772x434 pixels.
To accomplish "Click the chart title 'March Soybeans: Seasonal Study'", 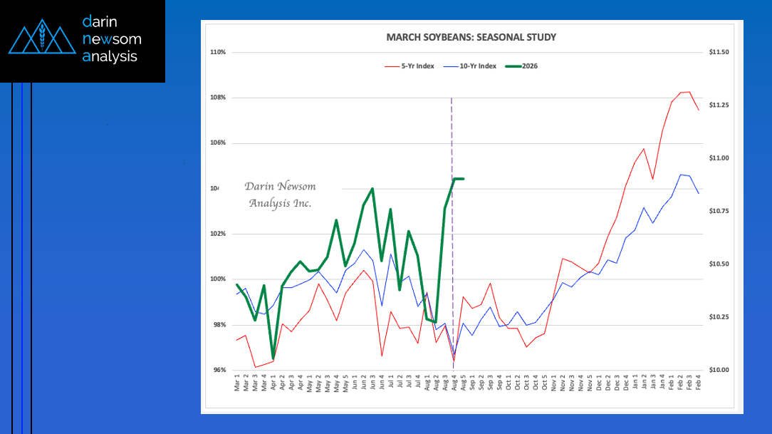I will [x=471, y=37].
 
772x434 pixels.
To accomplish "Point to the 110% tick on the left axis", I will [x=218, y=52].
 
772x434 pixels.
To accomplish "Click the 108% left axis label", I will [x=218, y=98].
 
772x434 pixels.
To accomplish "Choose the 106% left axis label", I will [x=218, y=143].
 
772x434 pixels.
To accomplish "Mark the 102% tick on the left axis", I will [x=218, y=234].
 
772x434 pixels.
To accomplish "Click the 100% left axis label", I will [x=218, y=279].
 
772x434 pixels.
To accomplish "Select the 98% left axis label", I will [x=218, y=325].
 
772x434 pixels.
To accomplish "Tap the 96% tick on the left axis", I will [x=218, y=371].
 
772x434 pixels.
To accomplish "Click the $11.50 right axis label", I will [x=719, y=52].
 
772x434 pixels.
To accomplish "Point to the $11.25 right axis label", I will [x=719, y=105].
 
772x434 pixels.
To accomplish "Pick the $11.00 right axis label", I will [x=719, y=158].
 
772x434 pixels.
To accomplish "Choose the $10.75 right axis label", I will [x=719, y=212].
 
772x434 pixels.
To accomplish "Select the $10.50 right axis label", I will [x=719, y=264].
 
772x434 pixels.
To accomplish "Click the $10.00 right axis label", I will [x=719, y=371].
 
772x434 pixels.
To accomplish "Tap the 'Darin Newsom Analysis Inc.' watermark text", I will [x=280, y=195].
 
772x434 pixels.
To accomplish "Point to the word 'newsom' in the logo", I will [x=112, y=38].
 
